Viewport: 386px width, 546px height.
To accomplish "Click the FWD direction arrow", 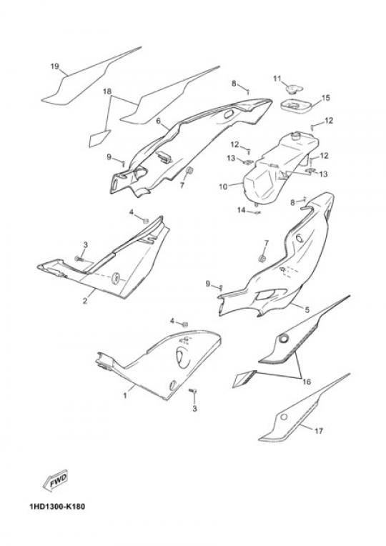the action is [x=55, y=481].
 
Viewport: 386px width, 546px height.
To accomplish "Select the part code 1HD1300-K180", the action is [x=57, y=506].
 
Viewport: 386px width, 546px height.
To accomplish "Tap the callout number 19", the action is [x=55, y=66].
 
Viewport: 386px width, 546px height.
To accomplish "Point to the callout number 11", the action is [x=277, y=79].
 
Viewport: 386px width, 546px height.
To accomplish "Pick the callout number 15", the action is [x=325, y=98].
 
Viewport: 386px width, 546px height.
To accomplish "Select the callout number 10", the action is [x=223, y=187].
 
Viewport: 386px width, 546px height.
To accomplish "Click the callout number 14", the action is [x=242, y=210].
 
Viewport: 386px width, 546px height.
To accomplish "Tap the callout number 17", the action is [x=318, y=431].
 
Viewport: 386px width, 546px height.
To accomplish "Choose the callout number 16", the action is [x=307, y=382].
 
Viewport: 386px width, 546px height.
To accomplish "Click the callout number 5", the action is [x=307, y=309].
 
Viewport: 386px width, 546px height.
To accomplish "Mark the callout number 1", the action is [x=125, y=396].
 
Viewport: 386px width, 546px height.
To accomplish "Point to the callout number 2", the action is [x=85, y=300].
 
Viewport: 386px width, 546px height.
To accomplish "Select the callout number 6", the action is [x=159, y=121].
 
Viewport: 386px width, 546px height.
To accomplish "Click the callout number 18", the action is [x=107, y=91].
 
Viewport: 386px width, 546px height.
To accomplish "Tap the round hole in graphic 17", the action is [x=284, y=417].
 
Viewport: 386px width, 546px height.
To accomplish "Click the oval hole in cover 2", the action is [x=115, y=277].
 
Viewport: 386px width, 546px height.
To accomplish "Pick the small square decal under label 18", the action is [x=99, y=138].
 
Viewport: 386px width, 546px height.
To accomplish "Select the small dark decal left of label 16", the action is [x=244, y=378].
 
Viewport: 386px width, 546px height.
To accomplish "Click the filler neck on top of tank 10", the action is [x=297, y=135].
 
